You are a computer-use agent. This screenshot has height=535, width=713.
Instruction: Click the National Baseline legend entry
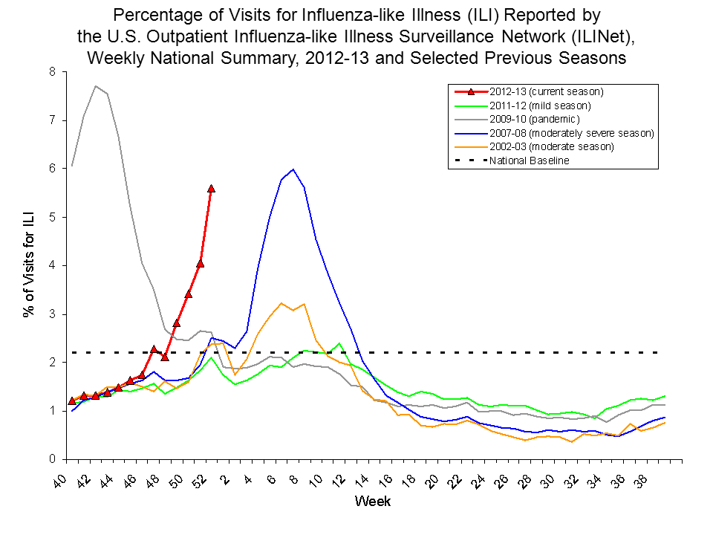click(x=529, y=160)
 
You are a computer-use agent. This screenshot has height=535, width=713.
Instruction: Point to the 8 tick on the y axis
click(x=52, y=72)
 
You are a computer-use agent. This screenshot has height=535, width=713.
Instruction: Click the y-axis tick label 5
click(x=52, y=217)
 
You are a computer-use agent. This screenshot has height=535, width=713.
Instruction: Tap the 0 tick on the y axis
click(x=52, y=459)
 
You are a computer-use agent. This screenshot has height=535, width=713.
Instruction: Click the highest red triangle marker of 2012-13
click(x=212, y=189)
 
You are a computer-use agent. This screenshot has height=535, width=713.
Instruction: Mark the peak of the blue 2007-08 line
click(x=293, y=169)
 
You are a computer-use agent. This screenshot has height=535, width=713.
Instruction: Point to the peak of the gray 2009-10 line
click(x=96, y=86)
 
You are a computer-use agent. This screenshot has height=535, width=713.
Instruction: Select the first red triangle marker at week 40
click(x=72, y=401)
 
